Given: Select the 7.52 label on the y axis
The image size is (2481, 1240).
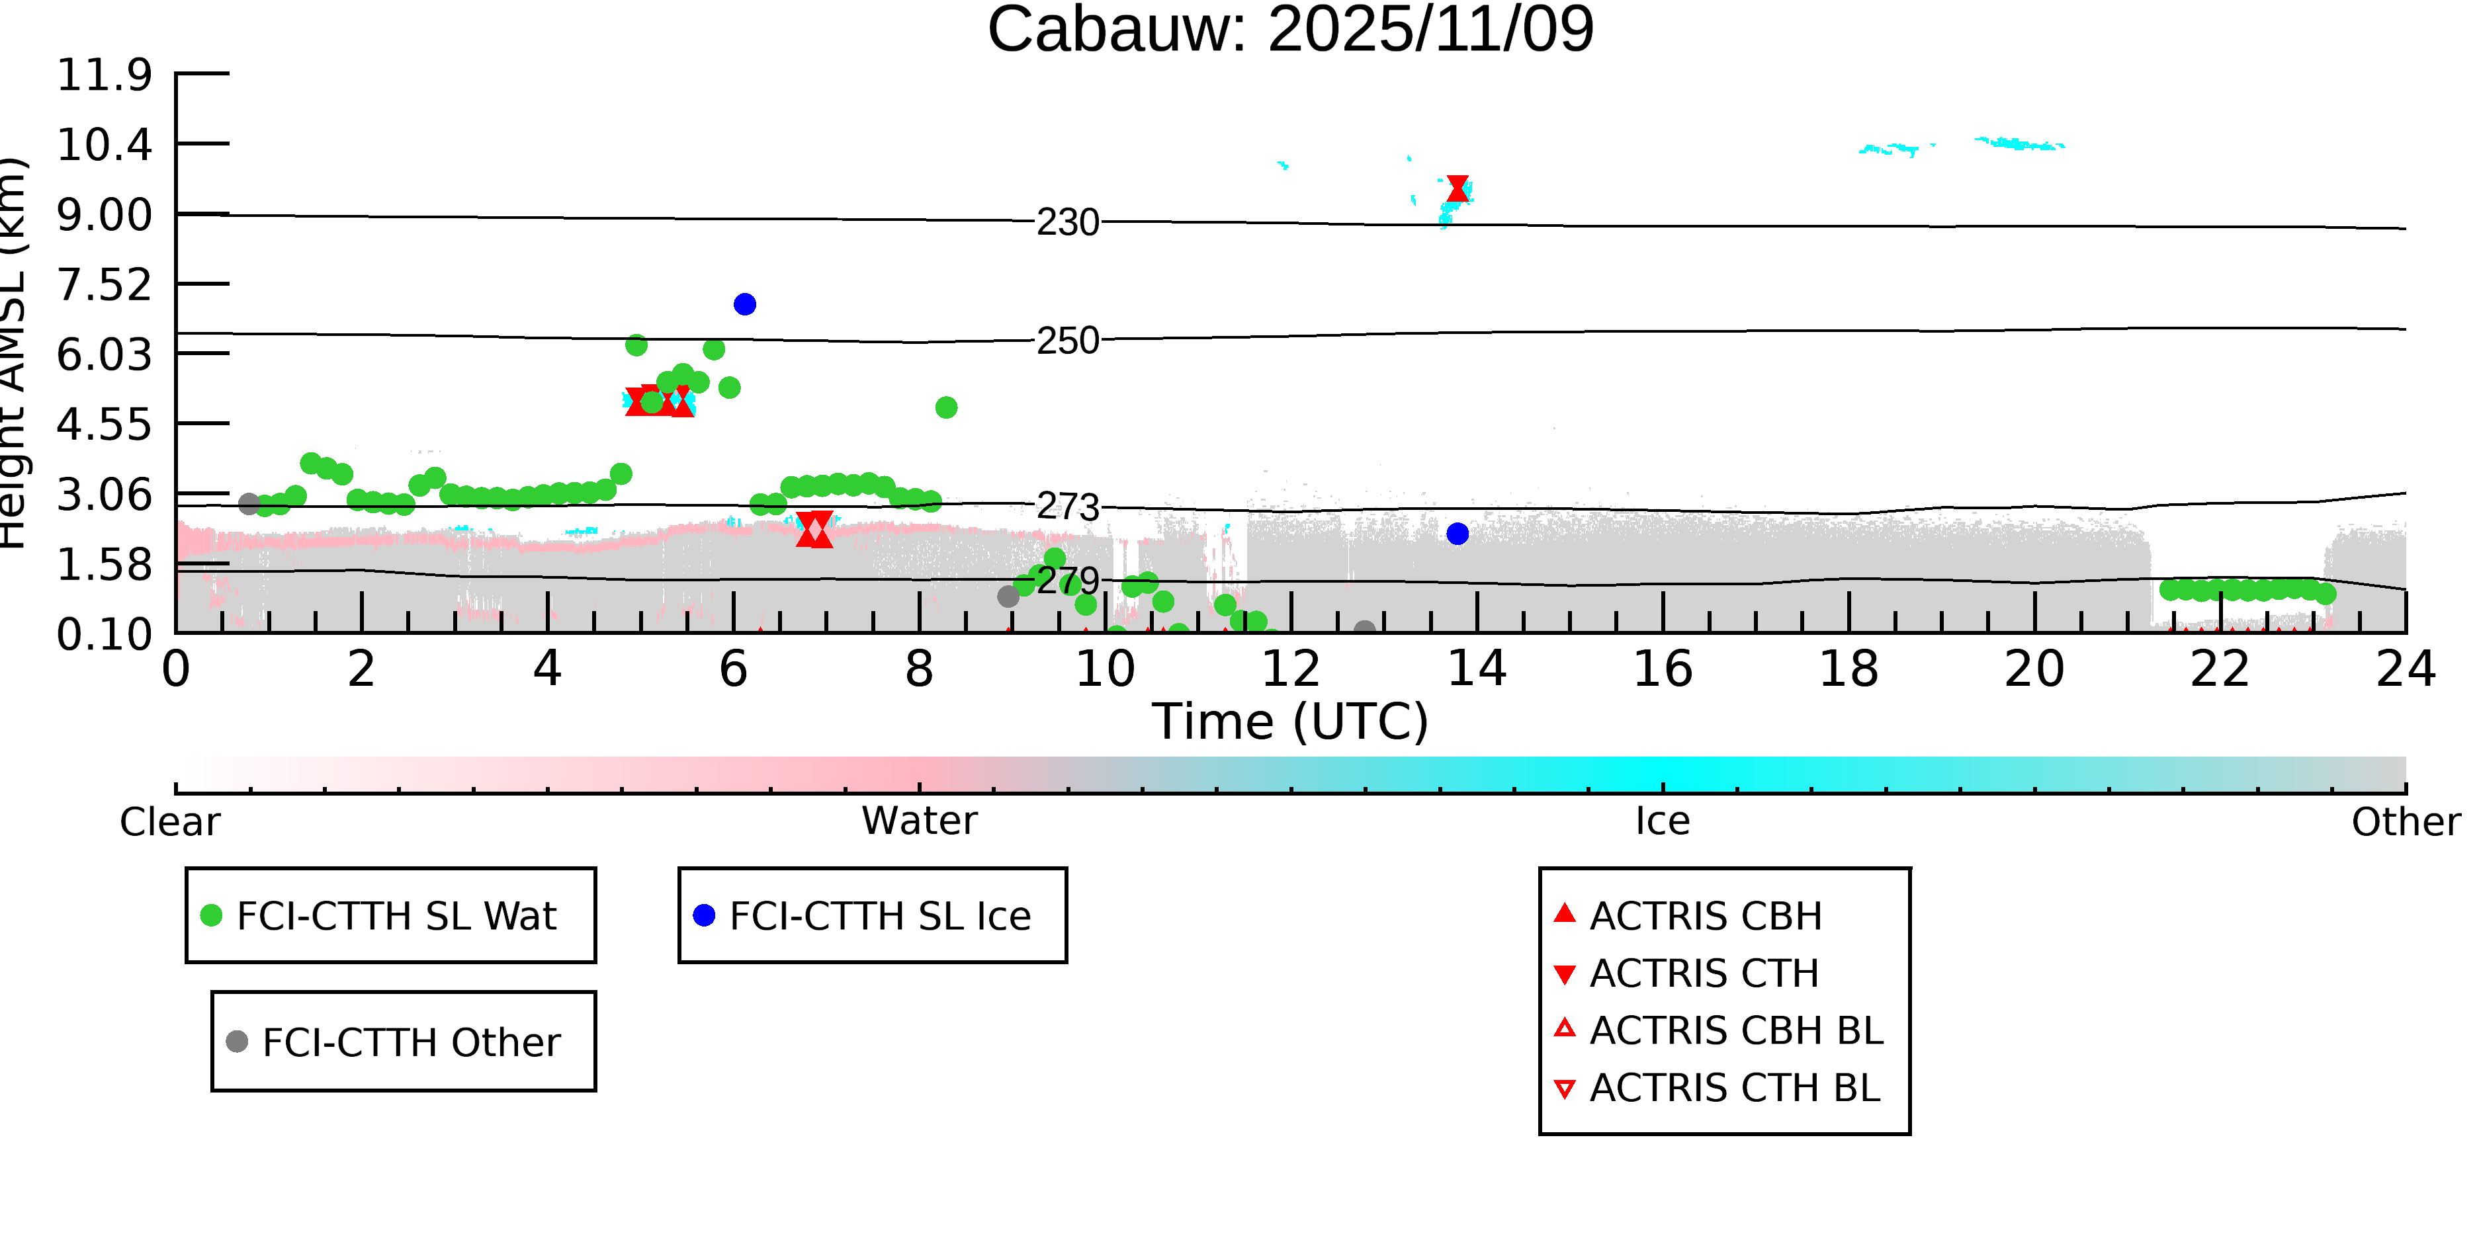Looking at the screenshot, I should (x=104, y=285).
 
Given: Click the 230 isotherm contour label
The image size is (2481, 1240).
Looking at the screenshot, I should (x=1067, y=222).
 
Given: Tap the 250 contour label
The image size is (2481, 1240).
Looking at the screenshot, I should (x=1067, y=341).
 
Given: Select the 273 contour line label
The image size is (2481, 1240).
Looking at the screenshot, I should (x=1067, y=507).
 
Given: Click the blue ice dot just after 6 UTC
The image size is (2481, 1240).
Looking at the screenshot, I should (x=744, y=304).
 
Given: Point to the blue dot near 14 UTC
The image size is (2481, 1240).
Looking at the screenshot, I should (x=1458, y=533).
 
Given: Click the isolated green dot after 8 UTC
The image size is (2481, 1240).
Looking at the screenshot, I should (x=946, y=408).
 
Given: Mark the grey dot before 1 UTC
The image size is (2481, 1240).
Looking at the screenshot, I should (x=249, y=503).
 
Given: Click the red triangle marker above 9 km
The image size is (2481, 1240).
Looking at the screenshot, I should (x=1458, y=188).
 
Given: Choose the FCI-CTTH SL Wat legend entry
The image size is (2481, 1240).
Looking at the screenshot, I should (x=395, y=915).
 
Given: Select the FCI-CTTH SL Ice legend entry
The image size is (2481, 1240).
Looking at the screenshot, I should (x=879, y=915).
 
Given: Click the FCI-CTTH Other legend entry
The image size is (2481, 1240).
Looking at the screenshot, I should (x=410, y=1042).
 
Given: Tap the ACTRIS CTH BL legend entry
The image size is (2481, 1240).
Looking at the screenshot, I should (x=1733, y=1088).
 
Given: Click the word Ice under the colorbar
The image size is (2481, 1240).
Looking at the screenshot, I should (x=1663, y=821).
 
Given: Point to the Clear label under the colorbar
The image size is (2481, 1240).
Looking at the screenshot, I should (x=169, y=822).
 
